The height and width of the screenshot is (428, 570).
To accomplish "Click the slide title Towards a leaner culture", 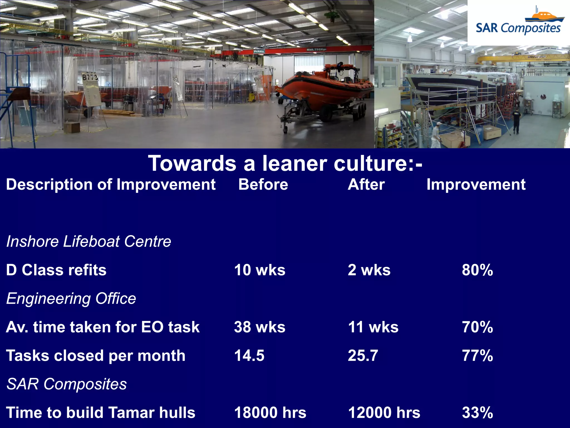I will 285,163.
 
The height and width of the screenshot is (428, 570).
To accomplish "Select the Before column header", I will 263,184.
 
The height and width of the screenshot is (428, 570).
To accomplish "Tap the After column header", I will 366,184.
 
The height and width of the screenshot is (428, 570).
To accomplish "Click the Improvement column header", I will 476,184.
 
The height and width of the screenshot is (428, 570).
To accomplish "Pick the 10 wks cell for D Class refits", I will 260,270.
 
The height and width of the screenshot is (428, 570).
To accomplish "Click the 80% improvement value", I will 477,270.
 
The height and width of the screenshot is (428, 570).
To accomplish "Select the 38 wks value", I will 260,327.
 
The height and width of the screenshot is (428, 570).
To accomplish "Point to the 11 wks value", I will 373,327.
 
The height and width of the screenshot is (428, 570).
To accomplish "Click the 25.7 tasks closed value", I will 363,356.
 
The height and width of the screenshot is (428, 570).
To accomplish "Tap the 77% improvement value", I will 477,356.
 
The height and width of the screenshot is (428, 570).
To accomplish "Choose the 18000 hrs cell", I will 270,413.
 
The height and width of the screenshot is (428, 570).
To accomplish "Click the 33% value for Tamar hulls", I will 477,413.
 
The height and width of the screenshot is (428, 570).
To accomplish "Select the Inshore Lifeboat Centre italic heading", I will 89,241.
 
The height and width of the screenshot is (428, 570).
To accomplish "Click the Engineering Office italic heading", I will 71,298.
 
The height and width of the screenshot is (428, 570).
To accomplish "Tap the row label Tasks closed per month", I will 95,356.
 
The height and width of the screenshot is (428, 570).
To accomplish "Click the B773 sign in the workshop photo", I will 90,77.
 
